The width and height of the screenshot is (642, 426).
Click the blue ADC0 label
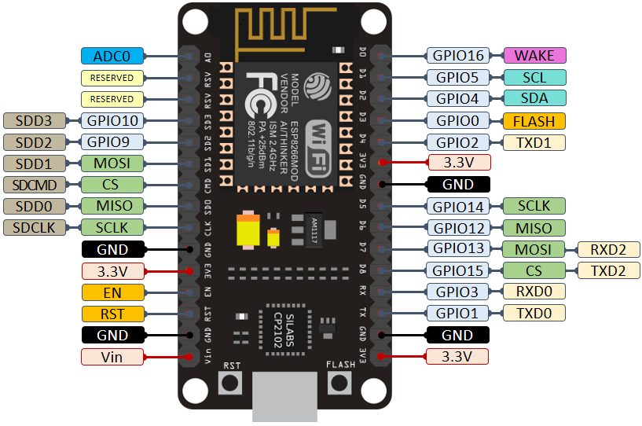point(112,56)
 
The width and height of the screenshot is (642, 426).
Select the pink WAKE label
point(534,56)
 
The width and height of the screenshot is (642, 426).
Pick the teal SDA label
point(534,99)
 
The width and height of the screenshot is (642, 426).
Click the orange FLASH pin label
point(534,121)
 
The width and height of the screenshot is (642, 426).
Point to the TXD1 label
point(534,142)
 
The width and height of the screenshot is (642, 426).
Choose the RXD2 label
point(609,250)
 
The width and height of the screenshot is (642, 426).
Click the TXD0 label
point(534,313)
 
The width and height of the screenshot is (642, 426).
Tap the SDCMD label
point(35,185)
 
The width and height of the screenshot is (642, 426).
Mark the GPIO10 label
point(112,121)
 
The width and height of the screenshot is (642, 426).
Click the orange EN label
point(112,292)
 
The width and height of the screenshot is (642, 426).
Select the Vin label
point(112,357)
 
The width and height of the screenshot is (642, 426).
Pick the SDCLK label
point(35,228)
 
